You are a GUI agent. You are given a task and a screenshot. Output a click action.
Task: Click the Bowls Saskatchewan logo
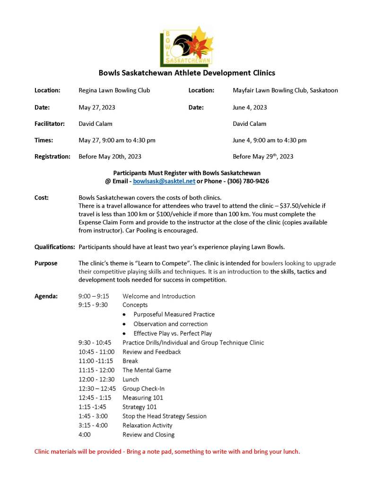(x=186, y=46)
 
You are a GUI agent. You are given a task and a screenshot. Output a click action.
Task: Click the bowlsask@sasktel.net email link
(x=164, y=181)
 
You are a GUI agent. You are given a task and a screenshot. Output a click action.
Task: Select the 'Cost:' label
(x=42, y=197)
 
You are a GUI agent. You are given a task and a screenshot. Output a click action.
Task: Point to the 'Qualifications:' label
(x=54, y=247)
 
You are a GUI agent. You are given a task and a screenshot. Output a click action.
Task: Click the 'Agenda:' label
(x=46, y=296)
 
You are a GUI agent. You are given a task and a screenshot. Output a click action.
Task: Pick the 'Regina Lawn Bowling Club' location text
(x=114, y=90)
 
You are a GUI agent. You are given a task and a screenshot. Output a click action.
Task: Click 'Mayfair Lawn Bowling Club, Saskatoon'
(x=285, y=90)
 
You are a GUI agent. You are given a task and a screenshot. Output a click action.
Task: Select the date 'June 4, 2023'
(x=250, y=107)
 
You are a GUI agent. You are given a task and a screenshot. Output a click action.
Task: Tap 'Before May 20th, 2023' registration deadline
(x=110, y=157)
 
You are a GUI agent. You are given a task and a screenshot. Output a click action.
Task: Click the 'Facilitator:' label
(x=50, y=124)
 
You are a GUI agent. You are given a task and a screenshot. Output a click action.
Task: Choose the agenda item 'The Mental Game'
(x=147, y=370)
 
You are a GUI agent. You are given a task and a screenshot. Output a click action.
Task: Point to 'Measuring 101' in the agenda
(x=143, y=398)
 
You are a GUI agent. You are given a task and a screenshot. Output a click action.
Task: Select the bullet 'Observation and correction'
(x=170, y=324)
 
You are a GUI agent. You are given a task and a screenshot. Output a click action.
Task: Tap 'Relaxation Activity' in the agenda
(x=148, y=425)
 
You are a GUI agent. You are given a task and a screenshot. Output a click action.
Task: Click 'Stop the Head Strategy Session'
(x=164, y=416)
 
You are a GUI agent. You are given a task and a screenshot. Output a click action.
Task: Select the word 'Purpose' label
(x=45, y=264)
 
